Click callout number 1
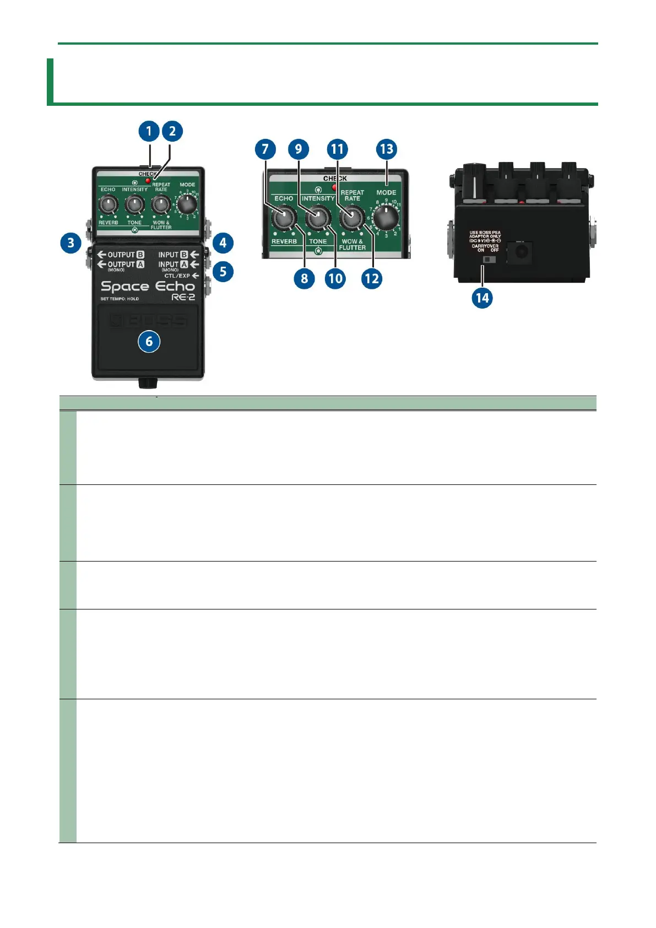(x=149, y=131)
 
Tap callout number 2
(x=172, y=131)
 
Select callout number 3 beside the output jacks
(x=71, y=242)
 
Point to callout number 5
(x=223, y=271)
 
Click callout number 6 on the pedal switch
(x=149, y=341)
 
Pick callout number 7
(x=265, y=149)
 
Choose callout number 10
(x=335, y=278)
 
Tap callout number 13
(x=387, y=149)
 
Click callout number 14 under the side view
(x=482, y=298)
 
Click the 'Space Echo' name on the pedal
(x=148, y=287)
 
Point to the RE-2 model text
(x=183, y=298)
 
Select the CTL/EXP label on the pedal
(x=177, y=276)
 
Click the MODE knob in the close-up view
(x=387, y=218)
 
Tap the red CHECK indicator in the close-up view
(x=334, y=186)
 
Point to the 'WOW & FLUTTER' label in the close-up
(x=352, y=245)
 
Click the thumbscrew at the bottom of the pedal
(x=148, y=382)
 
